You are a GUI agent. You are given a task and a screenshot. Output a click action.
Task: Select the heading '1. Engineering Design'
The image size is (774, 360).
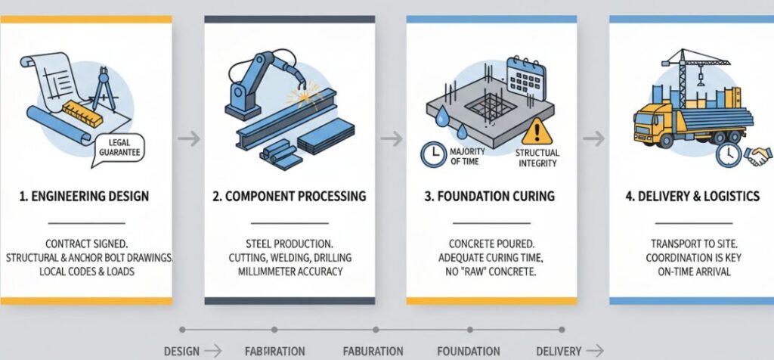pyautogui.click(x=85, y=197)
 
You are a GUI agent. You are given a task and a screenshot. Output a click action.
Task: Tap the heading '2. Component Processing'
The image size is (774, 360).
pyautogui.click(x=289, y=197)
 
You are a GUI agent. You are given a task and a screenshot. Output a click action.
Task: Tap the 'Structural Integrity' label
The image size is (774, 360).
pyautogui.click(x=537, y=157)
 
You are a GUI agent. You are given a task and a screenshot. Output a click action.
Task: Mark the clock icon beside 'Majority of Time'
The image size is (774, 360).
pyautogui.click(x=432, y=155)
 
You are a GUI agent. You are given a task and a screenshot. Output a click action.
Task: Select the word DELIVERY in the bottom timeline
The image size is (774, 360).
pyautogui.click(x=558, y=351)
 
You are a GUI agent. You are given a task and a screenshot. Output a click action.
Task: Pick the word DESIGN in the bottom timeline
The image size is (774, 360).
pyautogui.click(x=181, y=351)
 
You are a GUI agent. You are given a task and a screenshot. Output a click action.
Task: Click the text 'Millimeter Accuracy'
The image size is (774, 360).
pyautogui.click(x=289, y=271)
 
